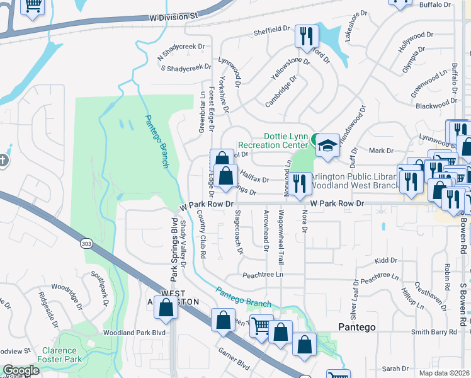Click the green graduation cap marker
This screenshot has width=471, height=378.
click(x=326, y=145)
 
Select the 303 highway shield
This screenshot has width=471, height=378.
click(x=87, y=243)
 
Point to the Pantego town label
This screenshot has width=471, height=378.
click(x=357, y=327)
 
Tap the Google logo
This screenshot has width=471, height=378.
click(x=21, y=370)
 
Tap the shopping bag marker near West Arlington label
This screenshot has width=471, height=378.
click(x=166, y=309)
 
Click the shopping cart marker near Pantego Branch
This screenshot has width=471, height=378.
click(x=260, y=326)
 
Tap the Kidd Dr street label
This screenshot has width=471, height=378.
click(x=382, y=260)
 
